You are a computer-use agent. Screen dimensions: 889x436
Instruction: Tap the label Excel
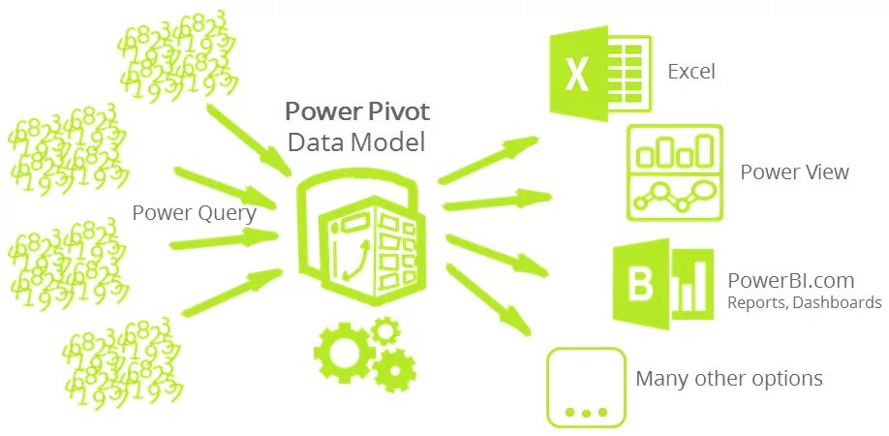691,72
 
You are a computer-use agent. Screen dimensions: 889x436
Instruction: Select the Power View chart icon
674,172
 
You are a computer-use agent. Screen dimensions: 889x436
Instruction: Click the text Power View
794,172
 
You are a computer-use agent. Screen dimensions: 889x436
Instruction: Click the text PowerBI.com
791,281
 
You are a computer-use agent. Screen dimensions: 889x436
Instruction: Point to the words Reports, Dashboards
804,303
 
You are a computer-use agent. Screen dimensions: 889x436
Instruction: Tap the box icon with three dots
585,387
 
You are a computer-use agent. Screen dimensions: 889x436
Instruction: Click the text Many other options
729,378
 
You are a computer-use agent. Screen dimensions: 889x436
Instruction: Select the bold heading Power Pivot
356,109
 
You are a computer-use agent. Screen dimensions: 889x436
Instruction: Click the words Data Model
356,142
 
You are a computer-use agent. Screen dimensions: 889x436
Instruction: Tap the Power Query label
194,212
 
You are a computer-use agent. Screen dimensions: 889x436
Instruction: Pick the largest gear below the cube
343,347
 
